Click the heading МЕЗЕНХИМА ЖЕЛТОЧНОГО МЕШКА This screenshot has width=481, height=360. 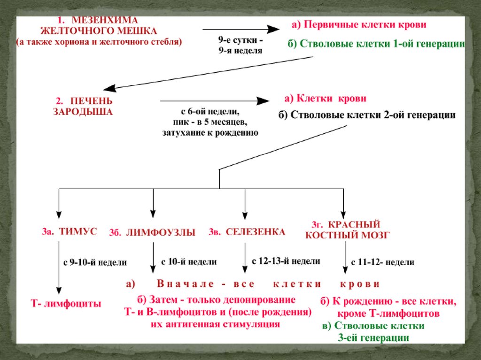point(98,26)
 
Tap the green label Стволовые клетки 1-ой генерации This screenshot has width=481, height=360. point(376,45)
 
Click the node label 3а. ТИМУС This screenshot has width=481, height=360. point(69,232)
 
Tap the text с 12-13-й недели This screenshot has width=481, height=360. point(286,261)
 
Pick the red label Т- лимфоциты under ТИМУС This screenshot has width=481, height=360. point(66,304)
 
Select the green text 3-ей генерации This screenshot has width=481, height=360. point(373,337)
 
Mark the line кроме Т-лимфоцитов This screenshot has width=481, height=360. point(388,313)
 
